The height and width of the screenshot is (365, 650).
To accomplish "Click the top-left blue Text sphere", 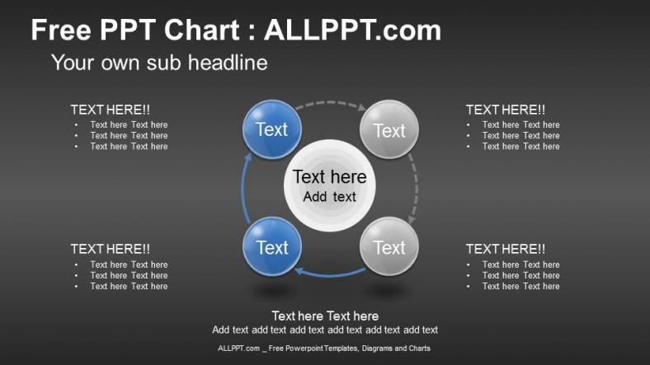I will point(271,129).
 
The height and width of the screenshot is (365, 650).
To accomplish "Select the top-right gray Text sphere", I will point(389,130).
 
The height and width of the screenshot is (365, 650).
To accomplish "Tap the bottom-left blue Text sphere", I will point(271,247).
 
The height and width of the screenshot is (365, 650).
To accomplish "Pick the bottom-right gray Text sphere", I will point(389,247).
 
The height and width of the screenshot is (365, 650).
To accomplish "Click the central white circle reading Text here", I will point(330,185).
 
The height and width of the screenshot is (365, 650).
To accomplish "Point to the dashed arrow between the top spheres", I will point(330,104).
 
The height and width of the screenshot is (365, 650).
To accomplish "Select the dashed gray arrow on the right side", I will point(415,189).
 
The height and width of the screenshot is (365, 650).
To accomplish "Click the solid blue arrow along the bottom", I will point(330,274).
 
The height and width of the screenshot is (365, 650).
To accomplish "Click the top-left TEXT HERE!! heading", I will point(111,110).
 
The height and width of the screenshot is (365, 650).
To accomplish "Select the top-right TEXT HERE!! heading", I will point(505,110).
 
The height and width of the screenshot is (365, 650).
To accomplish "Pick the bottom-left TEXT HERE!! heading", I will point(111,249).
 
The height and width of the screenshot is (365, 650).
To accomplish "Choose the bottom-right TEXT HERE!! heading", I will point(505,249).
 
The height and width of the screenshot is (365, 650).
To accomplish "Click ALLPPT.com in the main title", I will point(352,30).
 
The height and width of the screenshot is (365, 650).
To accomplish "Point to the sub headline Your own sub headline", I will point(159,63).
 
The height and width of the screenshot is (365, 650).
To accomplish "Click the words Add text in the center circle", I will point(330,197).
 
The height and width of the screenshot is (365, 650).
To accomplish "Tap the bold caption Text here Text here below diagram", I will point(325,316).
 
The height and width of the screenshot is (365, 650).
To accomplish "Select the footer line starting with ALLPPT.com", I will point(324,349).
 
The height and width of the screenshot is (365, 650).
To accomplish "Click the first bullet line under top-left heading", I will point(129,125).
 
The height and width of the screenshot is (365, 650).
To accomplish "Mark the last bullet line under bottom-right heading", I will point(520,287).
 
